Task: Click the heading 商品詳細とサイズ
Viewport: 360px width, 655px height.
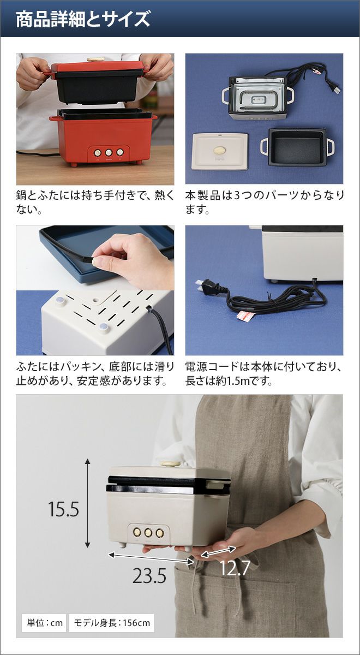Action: [83, 19]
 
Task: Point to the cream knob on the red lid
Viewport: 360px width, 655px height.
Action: [95, 59]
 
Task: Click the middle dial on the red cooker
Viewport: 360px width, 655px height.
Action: [109, 152]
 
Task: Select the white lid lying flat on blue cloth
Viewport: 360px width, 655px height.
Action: [220, 152]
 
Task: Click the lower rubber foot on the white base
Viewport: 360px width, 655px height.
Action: [104, 329]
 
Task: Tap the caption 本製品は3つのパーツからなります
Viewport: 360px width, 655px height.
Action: [265, 202]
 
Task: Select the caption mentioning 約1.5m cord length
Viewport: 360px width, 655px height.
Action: [263, 374]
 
